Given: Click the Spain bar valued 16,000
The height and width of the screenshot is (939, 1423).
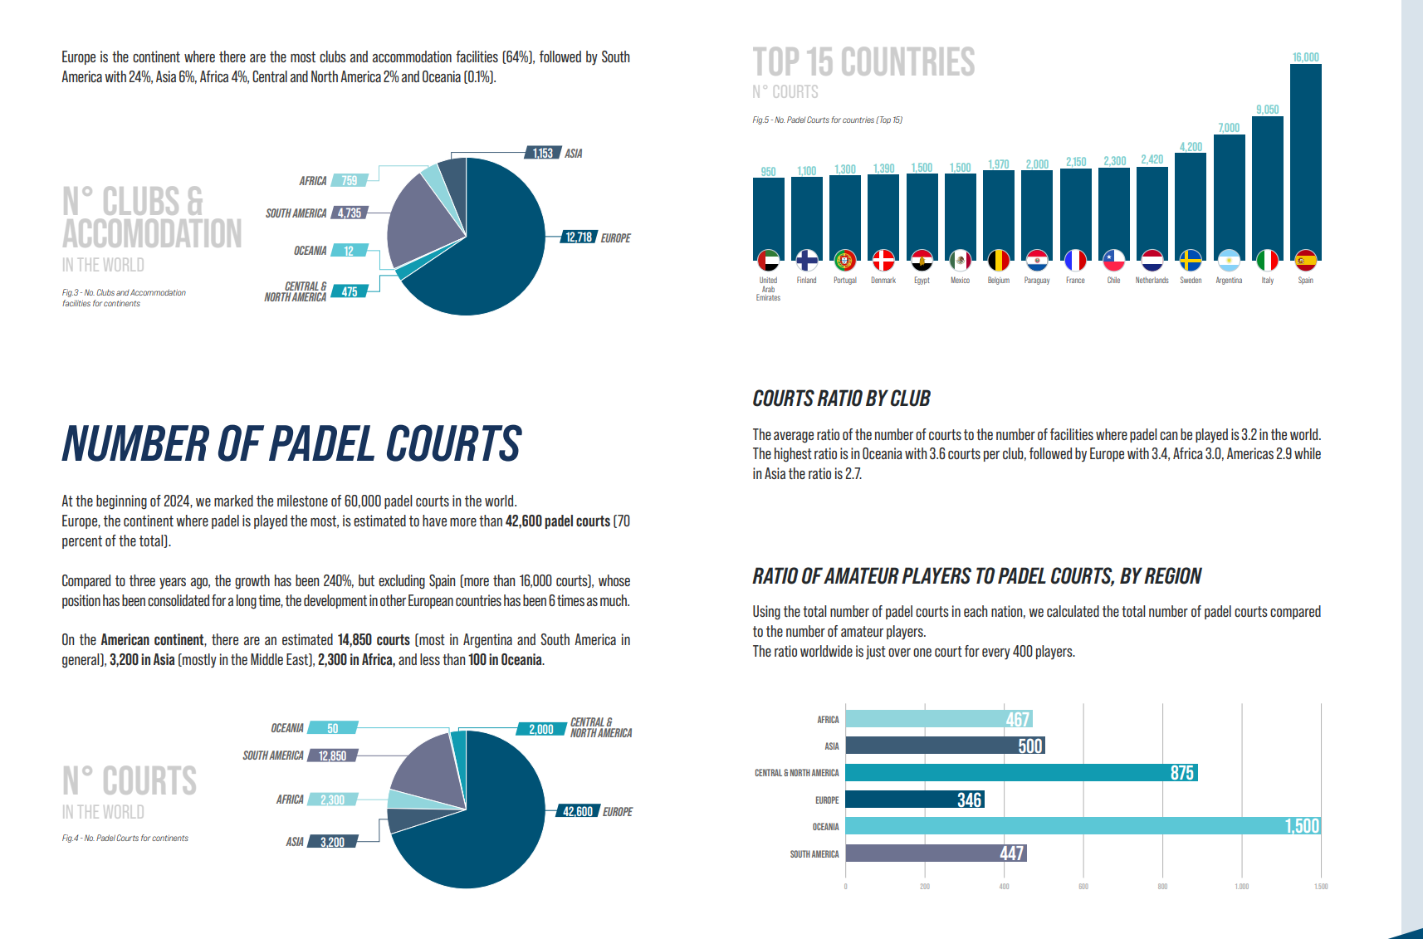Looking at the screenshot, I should pyautogui.click(x=1305, y=162).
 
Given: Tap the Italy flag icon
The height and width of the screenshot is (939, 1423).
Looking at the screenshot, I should pyautogui.click(x=1267, y=261).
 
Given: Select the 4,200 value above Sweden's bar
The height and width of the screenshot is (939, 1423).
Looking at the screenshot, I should pyautogui.click(x=1191, y=147).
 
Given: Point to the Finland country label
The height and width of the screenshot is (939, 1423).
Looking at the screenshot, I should pyautogui.click(x=806, y=281).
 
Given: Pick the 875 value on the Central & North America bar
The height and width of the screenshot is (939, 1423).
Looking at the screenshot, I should pyautogui.click(x=1181, y=773).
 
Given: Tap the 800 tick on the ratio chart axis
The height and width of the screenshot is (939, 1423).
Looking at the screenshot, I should pyautogui.click(x=1162, y=887).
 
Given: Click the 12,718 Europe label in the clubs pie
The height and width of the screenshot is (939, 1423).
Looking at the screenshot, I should pyautogui.click(x=579, y=237).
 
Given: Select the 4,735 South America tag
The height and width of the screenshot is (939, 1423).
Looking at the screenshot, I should pyautogui.click(x=350, y=213).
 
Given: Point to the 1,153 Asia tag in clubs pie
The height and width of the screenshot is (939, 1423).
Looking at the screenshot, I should pyautogui.click(x=542, y=154).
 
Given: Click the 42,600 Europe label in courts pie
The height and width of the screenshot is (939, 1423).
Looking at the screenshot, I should pyautogui.click(x=577, y=812).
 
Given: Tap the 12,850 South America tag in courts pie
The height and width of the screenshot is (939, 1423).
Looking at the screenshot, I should pyautogui.click(x=332, y=756).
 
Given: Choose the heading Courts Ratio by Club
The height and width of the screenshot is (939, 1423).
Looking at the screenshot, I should pyautogui.click(x=841, y=399).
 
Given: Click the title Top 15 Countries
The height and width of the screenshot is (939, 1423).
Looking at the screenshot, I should pyautogui.click(x=863, y=63).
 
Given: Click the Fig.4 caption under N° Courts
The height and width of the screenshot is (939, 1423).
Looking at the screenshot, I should pyautogui.click(x=125, y=839).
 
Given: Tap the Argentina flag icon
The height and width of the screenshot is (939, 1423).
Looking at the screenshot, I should pyautogui.click(x=1229, y=261).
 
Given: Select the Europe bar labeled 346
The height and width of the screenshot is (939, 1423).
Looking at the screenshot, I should pyautogui.click(x=914, y=800).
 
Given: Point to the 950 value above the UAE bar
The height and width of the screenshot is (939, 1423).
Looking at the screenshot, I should pyautogui.click(x=768, y=172).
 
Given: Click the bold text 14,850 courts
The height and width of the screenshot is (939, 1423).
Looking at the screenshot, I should pyautogui.click(x=374, y=640).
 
